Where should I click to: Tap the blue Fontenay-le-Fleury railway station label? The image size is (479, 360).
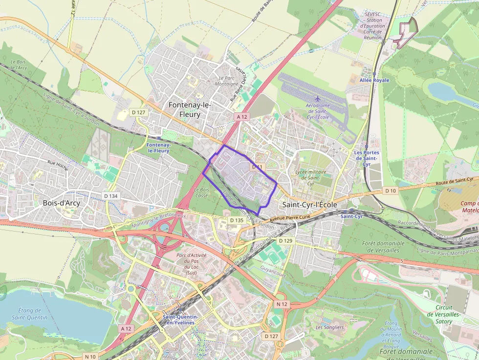pyautogui.click(x=158, y=148)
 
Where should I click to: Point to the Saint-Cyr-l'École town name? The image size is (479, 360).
pyautogui.click(x=309, y=205)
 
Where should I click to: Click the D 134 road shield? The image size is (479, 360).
pyautogui.click(x=111, y=196)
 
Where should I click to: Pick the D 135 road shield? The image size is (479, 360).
pyautogui.click(x=237, y=220)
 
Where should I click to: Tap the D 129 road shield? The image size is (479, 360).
pyautogui.click(x=285, y=241)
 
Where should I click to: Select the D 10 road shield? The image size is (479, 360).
pyautogui.click(x=390, y=191)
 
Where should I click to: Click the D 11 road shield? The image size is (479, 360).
pyautogui.click(x=258, y=167)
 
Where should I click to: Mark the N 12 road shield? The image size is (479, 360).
pyautogui.click(x=282, y=304)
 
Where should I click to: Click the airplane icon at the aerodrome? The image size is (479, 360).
pyautogui.click(x=318, y=99)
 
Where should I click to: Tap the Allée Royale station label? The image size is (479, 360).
pyautogui.click(x=374, y=80)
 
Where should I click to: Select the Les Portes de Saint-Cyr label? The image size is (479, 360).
pyautogui.click(x=366, y=158)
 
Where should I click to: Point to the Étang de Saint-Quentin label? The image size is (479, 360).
pyautogui.click(x=30, y=314)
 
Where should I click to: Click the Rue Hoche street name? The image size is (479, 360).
pyautogui.click(x=57, y=164)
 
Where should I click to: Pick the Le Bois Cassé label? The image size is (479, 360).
pyautogui.click(x=201, y=192)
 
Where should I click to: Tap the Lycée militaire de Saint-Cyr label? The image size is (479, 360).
pyautogui.click(x=311, y=178)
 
